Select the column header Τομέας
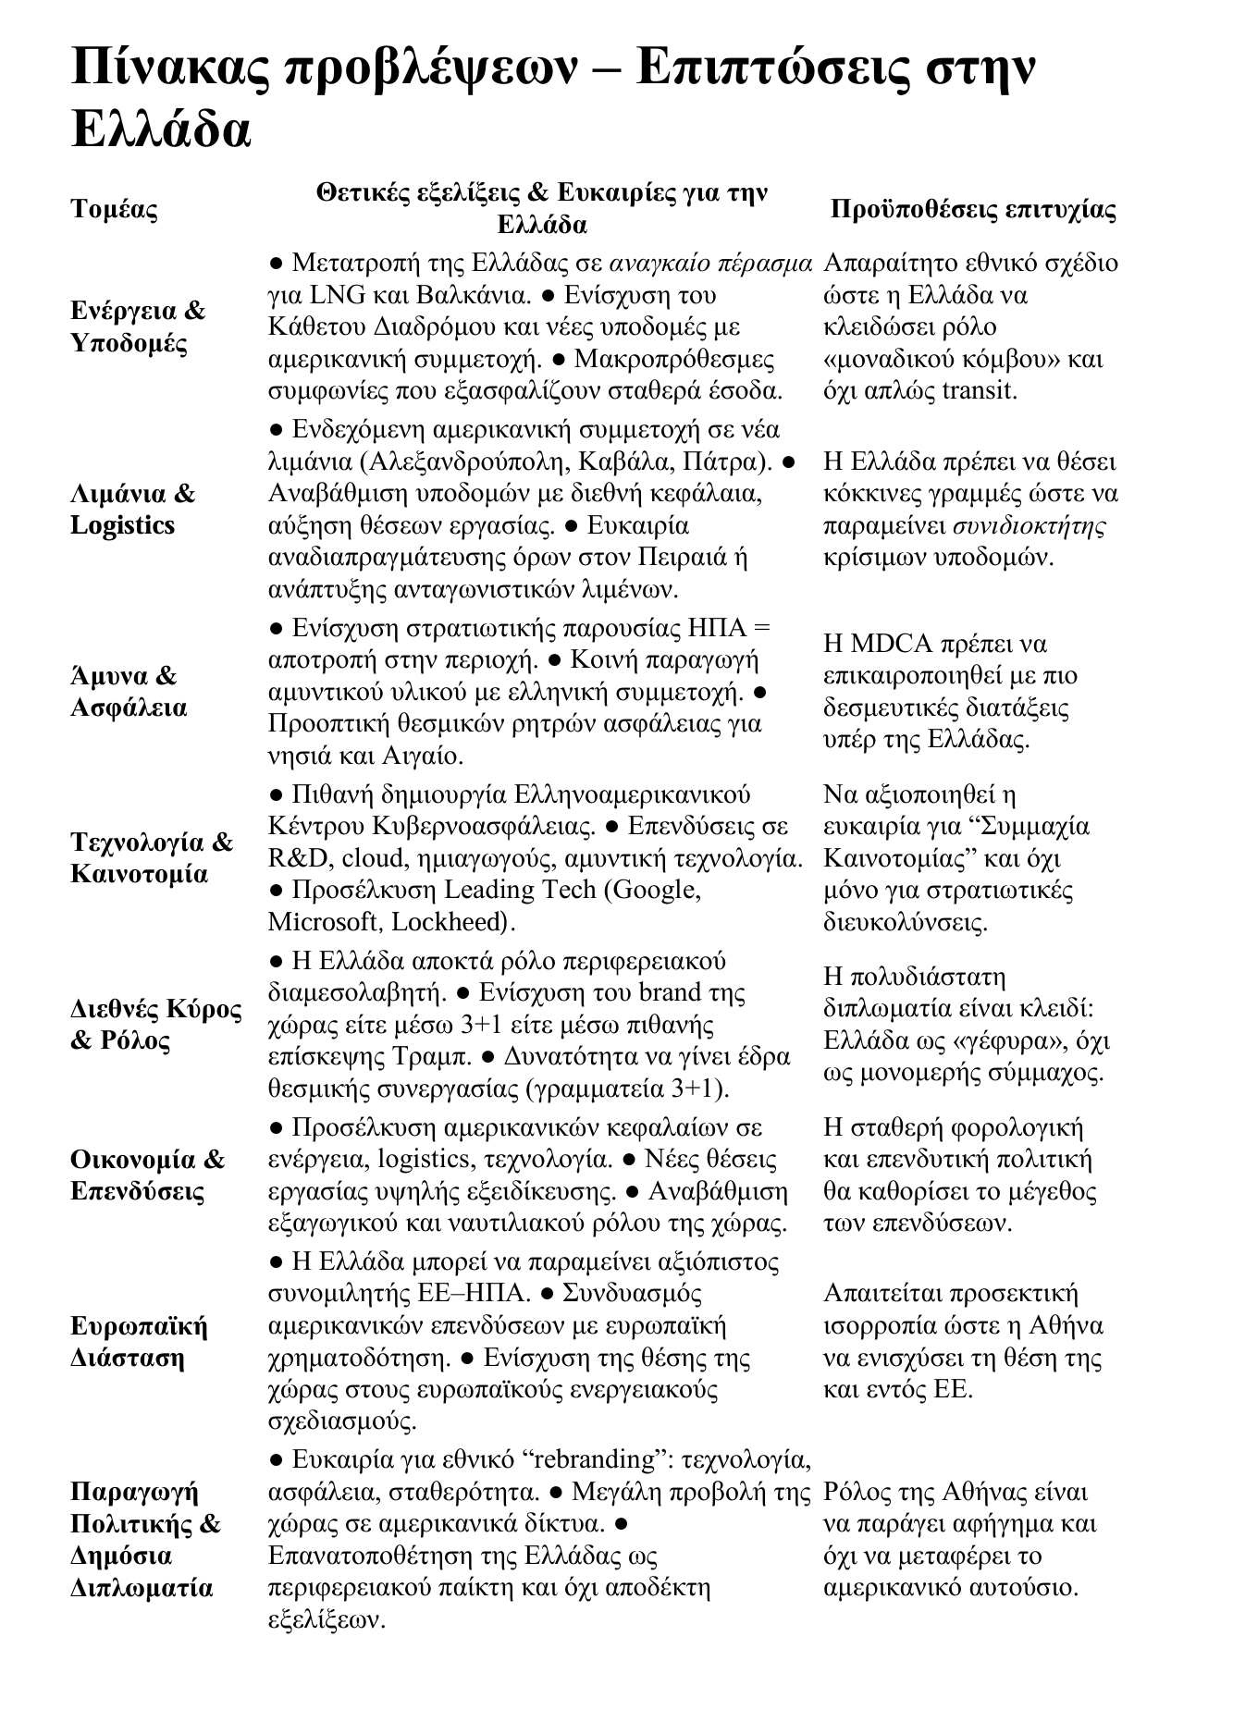[115, 209]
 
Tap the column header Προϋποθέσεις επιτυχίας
[973, 210]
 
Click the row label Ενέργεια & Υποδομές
[138, 326]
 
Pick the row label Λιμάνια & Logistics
[133, 510]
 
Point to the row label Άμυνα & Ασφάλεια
[129, 692]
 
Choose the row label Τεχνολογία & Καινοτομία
[152, 857]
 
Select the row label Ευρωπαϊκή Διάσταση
[139, 1342]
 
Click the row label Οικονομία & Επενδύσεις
[148, 1175]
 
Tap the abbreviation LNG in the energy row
[339, 296]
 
